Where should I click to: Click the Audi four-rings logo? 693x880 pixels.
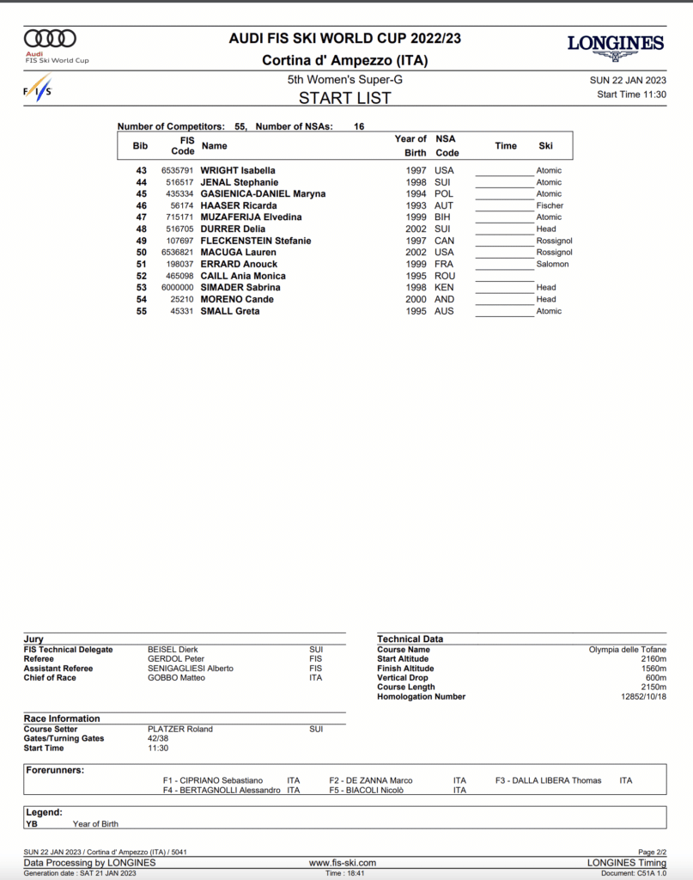(x=50, y=39)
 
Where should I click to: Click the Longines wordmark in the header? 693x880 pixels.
(x=615, y=43)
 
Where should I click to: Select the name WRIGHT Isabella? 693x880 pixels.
(x=238, y=170)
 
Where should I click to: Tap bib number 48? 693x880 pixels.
(x=142, y=229)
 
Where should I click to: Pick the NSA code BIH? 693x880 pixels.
(x=444, y=217)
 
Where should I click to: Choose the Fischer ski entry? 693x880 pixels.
(x=550, y=206)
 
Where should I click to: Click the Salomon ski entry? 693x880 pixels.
(x=552, y=265)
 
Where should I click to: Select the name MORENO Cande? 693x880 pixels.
(x=237, y=300)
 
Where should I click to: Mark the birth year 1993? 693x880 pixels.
(x=416, y=206)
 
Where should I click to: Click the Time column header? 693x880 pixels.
(x=506, y=146)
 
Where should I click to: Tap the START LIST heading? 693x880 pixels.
(x=344, y=98)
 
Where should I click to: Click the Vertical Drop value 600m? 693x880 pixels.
(x=655, y=678)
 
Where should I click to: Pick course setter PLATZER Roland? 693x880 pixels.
(x=180, y=729)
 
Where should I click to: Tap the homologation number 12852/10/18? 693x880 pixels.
(x=638, y=697)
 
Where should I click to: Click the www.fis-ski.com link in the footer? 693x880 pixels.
(x=343, y=863)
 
